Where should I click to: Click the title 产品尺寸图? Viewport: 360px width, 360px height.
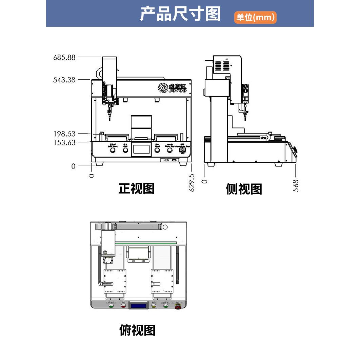[x=180, y=14]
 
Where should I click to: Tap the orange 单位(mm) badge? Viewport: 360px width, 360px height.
[x=255, y=17]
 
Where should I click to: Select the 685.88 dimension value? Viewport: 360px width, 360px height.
[x=64, y=57]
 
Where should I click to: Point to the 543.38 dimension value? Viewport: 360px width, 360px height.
[x=64, y=80]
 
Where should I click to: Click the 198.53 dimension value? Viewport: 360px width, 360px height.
[x=64, y=134]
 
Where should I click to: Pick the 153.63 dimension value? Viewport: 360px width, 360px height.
[x=64, y=142]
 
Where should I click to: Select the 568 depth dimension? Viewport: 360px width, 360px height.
[x=296, y=186]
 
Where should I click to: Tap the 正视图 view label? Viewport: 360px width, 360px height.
[x=136, y=188]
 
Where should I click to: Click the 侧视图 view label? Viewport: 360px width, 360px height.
[x=244, y=189]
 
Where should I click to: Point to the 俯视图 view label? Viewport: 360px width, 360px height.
[x=137, y=330]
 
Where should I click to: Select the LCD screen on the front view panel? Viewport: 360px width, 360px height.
[x=141, y=149]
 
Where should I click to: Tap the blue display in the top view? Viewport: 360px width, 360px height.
[x=139, y=305]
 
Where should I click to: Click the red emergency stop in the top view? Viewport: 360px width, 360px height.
[x=178, y=306]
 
